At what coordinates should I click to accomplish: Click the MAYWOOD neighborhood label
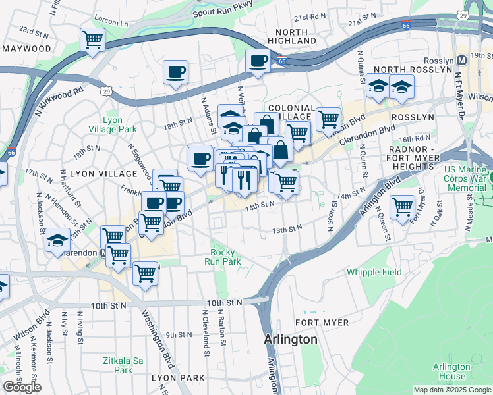click(x=26, y=49)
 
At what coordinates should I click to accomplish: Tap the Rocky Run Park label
click(x=225, y=257)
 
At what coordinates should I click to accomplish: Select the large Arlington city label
click(x=291, y=340)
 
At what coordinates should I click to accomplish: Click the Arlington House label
click(x=451, y=372)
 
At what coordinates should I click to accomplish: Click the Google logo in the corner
click(x=22, y=387)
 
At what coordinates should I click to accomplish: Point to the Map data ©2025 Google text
click(x=452, y=390)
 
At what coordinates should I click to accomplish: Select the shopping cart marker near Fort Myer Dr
click(x=402, y=207)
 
